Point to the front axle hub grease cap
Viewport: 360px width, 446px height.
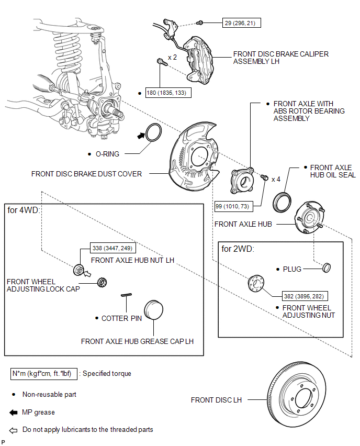coord(153,309)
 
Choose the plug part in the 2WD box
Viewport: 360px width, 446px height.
coord(327,267)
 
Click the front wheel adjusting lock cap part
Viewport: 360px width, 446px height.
coord(102,282)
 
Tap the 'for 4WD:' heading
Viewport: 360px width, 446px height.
coord(24,210)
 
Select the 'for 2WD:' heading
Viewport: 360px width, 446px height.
coord(238,249)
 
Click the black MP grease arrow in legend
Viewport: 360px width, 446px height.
coord(13,412)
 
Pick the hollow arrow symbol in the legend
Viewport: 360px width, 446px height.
coord(13,430)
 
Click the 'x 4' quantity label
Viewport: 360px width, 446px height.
coord(276,179)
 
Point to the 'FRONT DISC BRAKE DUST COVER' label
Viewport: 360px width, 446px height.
coord(86,174)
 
